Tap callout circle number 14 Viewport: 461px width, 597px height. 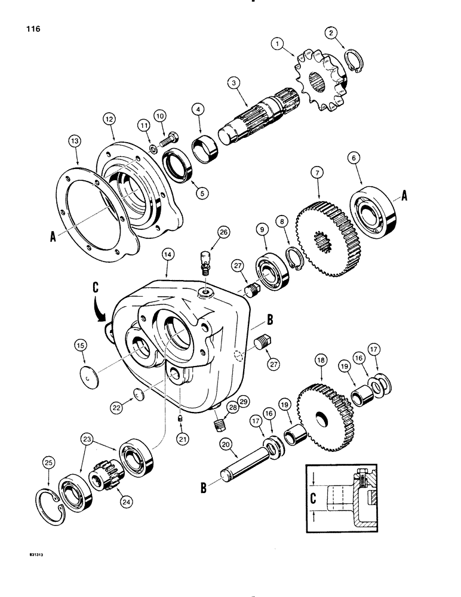[x=167, y=254]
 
